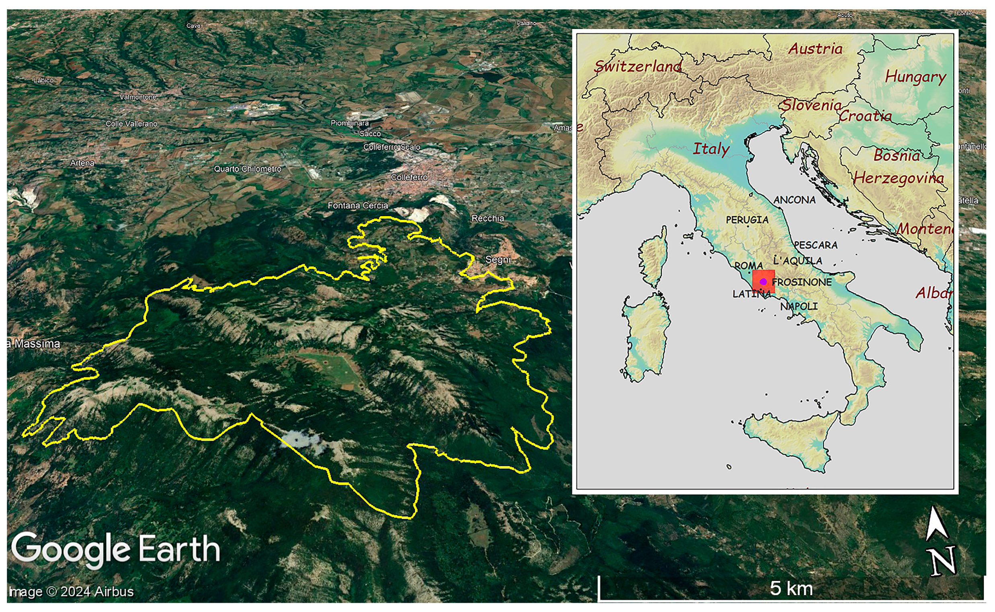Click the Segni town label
[x=497, y=260]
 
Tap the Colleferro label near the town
[x=409, y=177]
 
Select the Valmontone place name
[x=137, y=97]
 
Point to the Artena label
[x=82, y=163]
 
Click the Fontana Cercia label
[x=357, y=206]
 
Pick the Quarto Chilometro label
[x=247, y=169]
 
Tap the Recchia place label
[x=488, y=219]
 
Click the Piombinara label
[x=349, y=123]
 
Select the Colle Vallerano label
[x=131, y=124]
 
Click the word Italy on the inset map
[x=711, y=149]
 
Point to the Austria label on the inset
[x=815, y=49]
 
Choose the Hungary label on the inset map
[x=915, y=77]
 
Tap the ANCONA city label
[x=794, y=200]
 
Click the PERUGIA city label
[x=747, y=220]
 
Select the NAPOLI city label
[x=799, y=307]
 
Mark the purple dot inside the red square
[x=763, y=281]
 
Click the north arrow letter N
[x=943, y=561]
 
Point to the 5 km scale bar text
[x=791, y=588]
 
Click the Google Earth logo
[x=116, y=550]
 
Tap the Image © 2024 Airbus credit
[x=71, y=592]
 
